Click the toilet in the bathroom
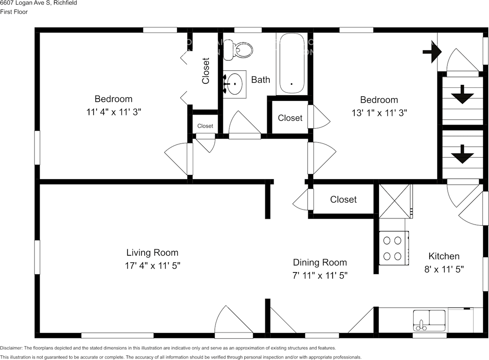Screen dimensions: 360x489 239,50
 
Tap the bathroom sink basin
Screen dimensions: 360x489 234,82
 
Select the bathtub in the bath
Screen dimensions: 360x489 291,63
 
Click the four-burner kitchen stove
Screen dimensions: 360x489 393,248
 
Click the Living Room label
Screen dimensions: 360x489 152,253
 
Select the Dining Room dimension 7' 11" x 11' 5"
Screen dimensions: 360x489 320,275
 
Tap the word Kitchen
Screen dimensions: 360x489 444,256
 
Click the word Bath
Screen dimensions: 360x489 261,79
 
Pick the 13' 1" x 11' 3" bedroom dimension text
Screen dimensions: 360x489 379,113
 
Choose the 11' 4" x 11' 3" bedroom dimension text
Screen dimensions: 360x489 113,112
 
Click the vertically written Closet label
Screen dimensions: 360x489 206,71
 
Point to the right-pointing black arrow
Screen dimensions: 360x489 432,52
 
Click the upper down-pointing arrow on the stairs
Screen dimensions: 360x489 462,94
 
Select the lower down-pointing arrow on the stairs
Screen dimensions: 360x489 462,154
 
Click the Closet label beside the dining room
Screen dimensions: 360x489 343,199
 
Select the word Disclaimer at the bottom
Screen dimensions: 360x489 11,348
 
